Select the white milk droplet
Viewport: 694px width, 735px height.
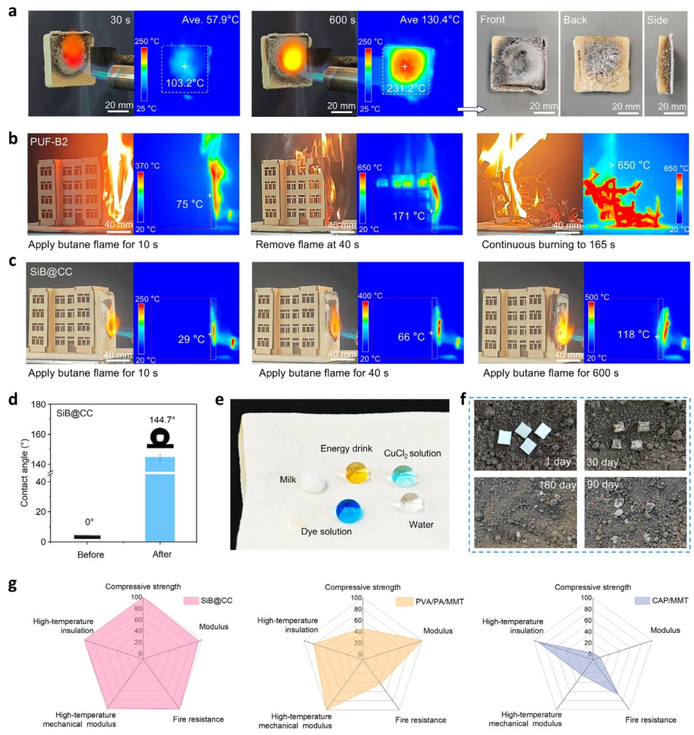(313, 483)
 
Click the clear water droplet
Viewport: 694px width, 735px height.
(412, 502)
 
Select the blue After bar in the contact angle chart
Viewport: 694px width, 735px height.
(160, 499)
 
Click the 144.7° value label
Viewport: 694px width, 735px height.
(162, 420)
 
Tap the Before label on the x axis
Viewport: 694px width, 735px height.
(91, 554)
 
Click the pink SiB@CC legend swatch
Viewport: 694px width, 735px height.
(191, 601)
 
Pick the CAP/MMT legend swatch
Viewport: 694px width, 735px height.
(642, 601)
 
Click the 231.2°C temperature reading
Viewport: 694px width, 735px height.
(406, 88)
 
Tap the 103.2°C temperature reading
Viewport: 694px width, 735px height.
(185, 84)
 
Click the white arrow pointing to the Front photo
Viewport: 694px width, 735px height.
(472, 109)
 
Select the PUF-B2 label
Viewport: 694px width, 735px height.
(49, 141)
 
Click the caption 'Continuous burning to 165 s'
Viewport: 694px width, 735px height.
(548, 245)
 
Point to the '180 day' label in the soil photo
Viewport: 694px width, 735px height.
(558, 484)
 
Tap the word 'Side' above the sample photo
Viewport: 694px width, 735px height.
(657, 20)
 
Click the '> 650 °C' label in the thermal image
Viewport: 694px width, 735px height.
(629, 165)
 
